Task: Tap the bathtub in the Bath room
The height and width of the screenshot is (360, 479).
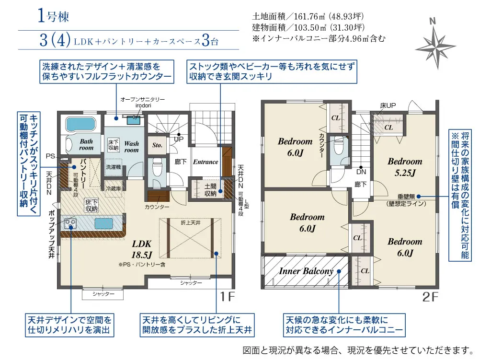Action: click(80, 124)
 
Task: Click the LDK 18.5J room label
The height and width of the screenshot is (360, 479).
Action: click(142, 248)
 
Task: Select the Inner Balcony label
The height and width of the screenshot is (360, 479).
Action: click(306, 271)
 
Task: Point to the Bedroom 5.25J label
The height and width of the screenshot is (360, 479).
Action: click(405, 166)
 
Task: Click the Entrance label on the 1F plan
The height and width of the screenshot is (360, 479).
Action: click(205, 162)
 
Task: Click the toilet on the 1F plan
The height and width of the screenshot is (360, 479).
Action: click(156, 168)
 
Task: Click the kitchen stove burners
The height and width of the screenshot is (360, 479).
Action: click(71, 223)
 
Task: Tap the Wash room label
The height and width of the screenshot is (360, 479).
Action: click(131, 147)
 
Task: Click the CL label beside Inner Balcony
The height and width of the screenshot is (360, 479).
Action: click(365, 271)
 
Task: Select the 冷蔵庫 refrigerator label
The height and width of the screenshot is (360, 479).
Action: click(113, 188)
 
